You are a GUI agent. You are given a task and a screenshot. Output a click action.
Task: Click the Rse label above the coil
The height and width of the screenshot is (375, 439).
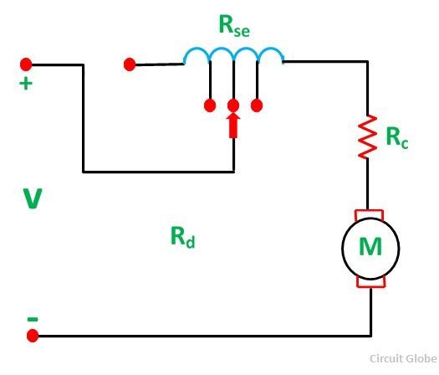click(x=234, y=25)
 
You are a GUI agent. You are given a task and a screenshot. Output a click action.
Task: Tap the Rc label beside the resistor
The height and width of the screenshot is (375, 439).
click(x=397, y=137)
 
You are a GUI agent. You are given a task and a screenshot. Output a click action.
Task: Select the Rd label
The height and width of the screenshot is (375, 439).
click(x=183, y=238)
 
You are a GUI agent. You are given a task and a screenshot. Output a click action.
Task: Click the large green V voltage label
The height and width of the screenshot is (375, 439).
click(x=33, y=198)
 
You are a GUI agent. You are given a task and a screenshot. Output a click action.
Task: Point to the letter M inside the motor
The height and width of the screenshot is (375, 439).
click(x=370, y=247)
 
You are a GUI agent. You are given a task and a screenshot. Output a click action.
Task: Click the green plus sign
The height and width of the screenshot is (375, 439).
click(x=26, y=84)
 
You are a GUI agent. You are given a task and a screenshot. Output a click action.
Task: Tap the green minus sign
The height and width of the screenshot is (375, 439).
click(x=33, y=319)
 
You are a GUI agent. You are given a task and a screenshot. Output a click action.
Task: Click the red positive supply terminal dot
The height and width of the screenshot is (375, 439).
click(x=26, y=64)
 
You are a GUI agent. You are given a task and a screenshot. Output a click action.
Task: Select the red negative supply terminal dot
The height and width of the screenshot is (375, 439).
click(x=33, y=336)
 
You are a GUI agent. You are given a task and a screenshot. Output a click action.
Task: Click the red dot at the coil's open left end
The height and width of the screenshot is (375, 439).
click(x=130, y=64)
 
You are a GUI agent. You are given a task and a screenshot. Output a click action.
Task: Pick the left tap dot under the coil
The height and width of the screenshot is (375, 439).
click(x=210, y=105)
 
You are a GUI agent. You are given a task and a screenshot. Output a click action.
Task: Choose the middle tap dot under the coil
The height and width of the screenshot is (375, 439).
click(x=233, y=105)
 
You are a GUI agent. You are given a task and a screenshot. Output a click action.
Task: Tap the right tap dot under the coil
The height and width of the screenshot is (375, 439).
click(x=257, y=105)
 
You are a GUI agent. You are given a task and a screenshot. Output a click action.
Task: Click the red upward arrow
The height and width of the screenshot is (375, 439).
click(x=233, y=126)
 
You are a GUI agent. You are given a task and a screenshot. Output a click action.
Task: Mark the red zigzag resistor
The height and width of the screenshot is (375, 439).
click(x=368, y=136)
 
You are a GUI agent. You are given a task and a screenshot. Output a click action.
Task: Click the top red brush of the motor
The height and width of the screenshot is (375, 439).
click(x=369, y=214)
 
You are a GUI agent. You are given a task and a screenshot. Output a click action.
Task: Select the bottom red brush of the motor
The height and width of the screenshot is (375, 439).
click(x=371, y=283)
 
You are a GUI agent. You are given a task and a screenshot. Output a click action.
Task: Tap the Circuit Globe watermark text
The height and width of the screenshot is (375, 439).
click(x=404, y=358)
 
